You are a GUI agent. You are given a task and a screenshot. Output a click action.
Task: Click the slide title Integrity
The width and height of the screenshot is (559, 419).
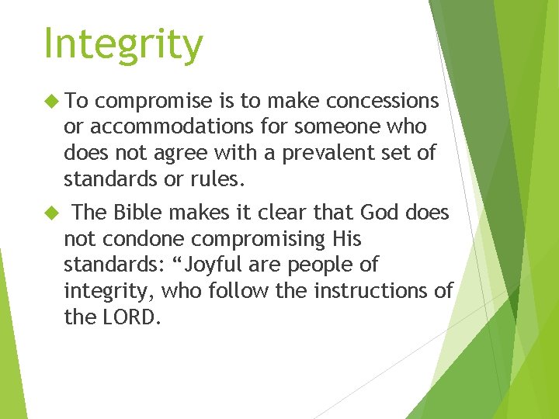click(x=123, y=44)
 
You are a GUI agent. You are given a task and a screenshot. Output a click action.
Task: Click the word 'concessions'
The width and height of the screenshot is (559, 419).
click(x=383, y=101)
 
